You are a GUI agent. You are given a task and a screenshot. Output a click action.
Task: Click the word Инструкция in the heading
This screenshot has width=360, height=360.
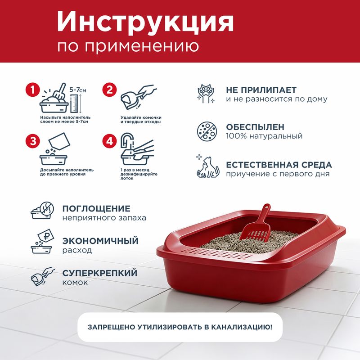click(145, 22)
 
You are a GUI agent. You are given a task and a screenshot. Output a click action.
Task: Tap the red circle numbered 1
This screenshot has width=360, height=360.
click(33, 90)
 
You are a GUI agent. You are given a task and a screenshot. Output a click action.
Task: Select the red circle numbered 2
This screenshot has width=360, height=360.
click(109, 90)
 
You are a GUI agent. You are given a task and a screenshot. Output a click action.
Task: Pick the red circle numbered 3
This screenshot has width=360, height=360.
click(33, 141)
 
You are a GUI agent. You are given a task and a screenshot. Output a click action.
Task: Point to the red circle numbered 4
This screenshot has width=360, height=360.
click(109, 141)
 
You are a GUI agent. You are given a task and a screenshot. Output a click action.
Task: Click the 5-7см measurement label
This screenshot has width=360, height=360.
click(78, 90)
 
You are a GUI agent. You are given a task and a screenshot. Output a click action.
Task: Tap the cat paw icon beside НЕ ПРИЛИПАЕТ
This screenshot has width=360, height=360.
click(207, 94)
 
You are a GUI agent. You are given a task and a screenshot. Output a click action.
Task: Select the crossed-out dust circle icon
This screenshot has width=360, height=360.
click(207, 131)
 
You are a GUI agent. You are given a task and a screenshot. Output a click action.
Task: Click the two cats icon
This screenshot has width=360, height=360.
click(208, 167)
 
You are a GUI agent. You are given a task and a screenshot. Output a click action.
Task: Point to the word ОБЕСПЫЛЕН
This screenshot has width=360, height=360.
click(255, 127)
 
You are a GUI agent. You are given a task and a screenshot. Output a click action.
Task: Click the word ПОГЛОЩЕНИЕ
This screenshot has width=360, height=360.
click(96, 208)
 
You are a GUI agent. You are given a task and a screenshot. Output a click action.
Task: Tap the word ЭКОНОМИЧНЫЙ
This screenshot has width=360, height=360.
click(100, 241)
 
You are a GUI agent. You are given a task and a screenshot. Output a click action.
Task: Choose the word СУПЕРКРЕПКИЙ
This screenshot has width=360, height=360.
click(100, 273)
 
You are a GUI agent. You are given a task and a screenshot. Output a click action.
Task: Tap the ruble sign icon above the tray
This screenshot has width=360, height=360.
click(46, 235)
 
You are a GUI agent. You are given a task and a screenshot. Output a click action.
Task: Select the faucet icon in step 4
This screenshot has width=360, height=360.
click(127, 140)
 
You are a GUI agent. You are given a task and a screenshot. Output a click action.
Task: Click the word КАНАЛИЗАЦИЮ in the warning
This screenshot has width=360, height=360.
click(242, 327)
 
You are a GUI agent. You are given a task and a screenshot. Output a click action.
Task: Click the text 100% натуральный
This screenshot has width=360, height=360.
click(264, 136)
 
